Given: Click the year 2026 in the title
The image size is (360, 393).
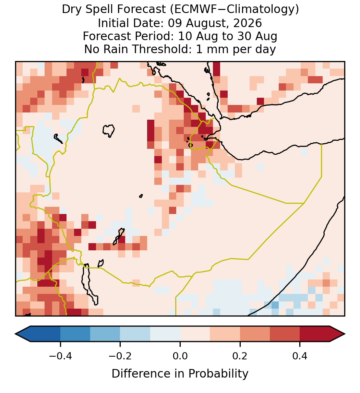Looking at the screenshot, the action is tap(248, 23).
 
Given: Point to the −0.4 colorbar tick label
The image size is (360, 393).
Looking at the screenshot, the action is tap(60, 356).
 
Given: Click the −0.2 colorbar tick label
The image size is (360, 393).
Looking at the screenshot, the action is tap(120, 356).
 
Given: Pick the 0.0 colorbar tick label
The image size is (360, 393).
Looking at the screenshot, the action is tap(180, 356).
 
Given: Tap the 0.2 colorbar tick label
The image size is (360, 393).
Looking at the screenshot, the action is tap(240, 356).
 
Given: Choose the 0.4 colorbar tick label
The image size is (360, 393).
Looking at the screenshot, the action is tap(300, 356).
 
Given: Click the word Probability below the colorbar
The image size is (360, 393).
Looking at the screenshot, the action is tap(218, 374).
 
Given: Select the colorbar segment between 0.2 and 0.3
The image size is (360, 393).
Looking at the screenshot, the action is tap(255, 334).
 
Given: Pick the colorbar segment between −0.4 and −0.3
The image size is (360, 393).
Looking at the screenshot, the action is tap(75, 334).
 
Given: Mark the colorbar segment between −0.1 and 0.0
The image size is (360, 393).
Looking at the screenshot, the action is tap(165, 334).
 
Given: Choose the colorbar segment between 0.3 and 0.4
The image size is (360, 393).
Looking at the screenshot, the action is tap(285, 334).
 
